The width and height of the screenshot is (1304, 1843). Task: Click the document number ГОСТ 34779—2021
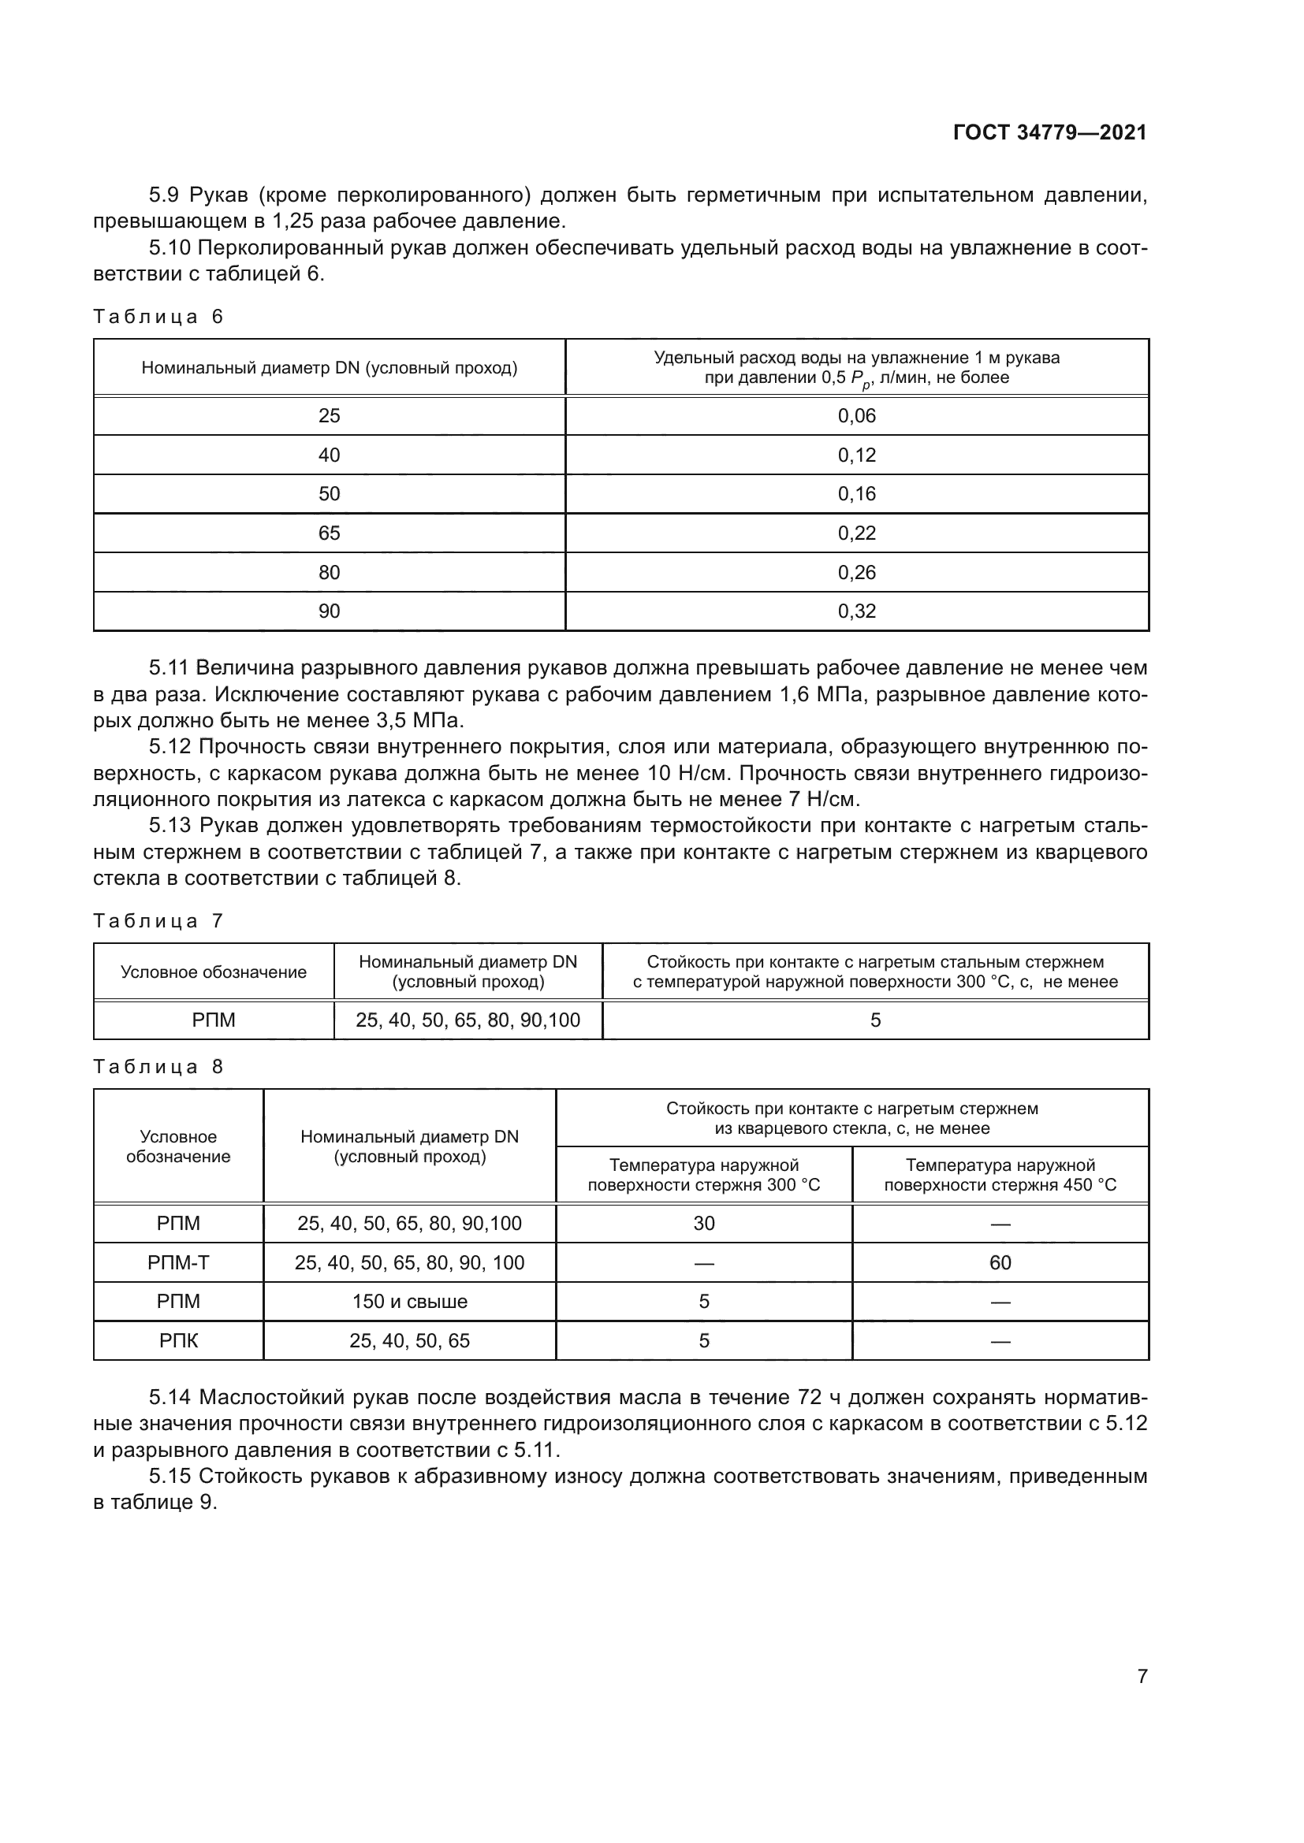1049,133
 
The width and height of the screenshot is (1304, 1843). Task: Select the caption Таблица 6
158,317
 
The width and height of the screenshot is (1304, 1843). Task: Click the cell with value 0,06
856,416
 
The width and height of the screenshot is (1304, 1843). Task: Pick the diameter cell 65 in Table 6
330,533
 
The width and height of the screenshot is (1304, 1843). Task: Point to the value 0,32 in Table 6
856,611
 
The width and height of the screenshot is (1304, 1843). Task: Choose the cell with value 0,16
856,494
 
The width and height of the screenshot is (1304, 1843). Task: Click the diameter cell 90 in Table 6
330,611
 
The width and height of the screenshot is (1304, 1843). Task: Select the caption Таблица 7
158,922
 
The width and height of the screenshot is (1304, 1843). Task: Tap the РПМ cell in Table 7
214,1020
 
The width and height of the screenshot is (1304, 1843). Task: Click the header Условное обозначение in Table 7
214,972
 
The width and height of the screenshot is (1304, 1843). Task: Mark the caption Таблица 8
158,1067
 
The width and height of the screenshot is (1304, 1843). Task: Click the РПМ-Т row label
178,1262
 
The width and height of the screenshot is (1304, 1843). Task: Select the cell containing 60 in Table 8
1000,1262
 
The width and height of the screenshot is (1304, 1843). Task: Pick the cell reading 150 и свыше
409,1301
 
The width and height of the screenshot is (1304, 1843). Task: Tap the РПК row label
178,1340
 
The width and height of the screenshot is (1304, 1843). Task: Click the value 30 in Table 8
703,1224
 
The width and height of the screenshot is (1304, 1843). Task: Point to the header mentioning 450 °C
1000,1175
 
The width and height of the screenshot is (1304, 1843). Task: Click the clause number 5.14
170,1398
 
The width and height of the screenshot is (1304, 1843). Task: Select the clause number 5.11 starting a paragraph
169,668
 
